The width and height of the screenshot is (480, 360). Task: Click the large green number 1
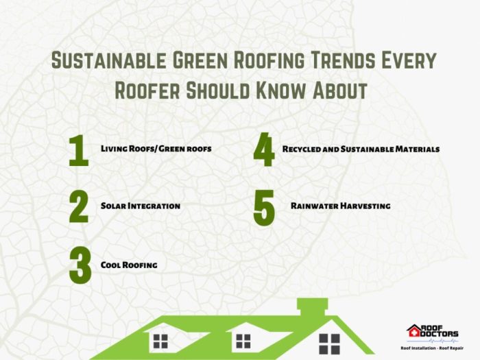tap(79, 151)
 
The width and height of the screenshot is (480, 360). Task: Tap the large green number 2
tap(79, 206)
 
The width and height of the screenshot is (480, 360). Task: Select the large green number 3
tap(80, 265)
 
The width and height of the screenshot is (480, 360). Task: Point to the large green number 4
tap(263, 151)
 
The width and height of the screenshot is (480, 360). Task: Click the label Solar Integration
tap(140, 206)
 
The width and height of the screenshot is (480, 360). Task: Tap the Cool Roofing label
tap(129, 264)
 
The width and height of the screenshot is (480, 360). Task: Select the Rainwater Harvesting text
tap(340, 206)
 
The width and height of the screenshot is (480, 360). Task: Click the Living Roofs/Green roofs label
tap(156, 148)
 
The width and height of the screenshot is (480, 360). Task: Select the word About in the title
tap(339, 91)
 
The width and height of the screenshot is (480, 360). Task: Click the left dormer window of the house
tap(160, 340)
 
